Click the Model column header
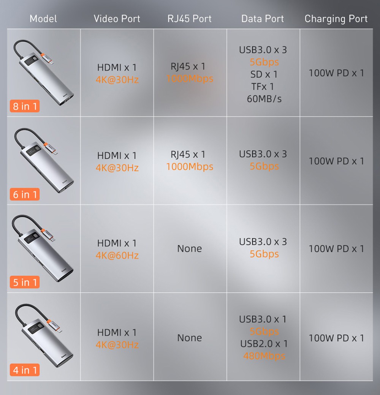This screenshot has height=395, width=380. click(43, 19)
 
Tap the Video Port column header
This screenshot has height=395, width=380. click(117, 19)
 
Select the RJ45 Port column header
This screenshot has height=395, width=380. click(190, 19)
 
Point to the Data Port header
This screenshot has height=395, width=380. click(263, 19)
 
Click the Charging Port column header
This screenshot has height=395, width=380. click(336, 19)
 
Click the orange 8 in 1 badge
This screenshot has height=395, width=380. click(25, 106)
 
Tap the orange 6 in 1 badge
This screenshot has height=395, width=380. click(25, 194)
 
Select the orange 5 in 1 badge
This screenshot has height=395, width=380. click(25, 282)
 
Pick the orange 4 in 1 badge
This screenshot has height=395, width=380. click(25, 370)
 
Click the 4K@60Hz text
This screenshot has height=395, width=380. click(117, 255)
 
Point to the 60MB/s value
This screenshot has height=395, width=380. click(264, 99)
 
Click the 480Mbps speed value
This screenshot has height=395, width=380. click(264, 356)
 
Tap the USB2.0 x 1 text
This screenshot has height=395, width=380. click(264, 344)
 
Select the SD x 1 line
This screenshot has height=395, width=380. click(264, 74)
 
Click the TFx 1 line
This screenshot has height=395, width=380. click(263, 87)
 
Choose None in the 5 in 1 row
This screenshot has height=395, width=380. click(190, 249)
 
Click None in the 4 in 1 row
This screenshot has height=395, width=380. click(190, 338)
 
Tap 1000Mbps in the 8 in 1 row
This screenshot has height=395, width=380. click(190, 79)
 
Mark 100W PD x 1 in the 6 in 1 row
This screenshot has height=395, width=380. click(336, 161)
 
